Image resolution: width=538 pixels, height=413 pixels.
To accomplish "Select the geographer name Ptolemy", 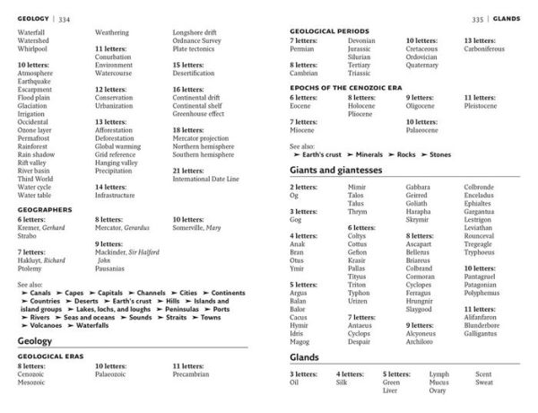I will tap(30, 268).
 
